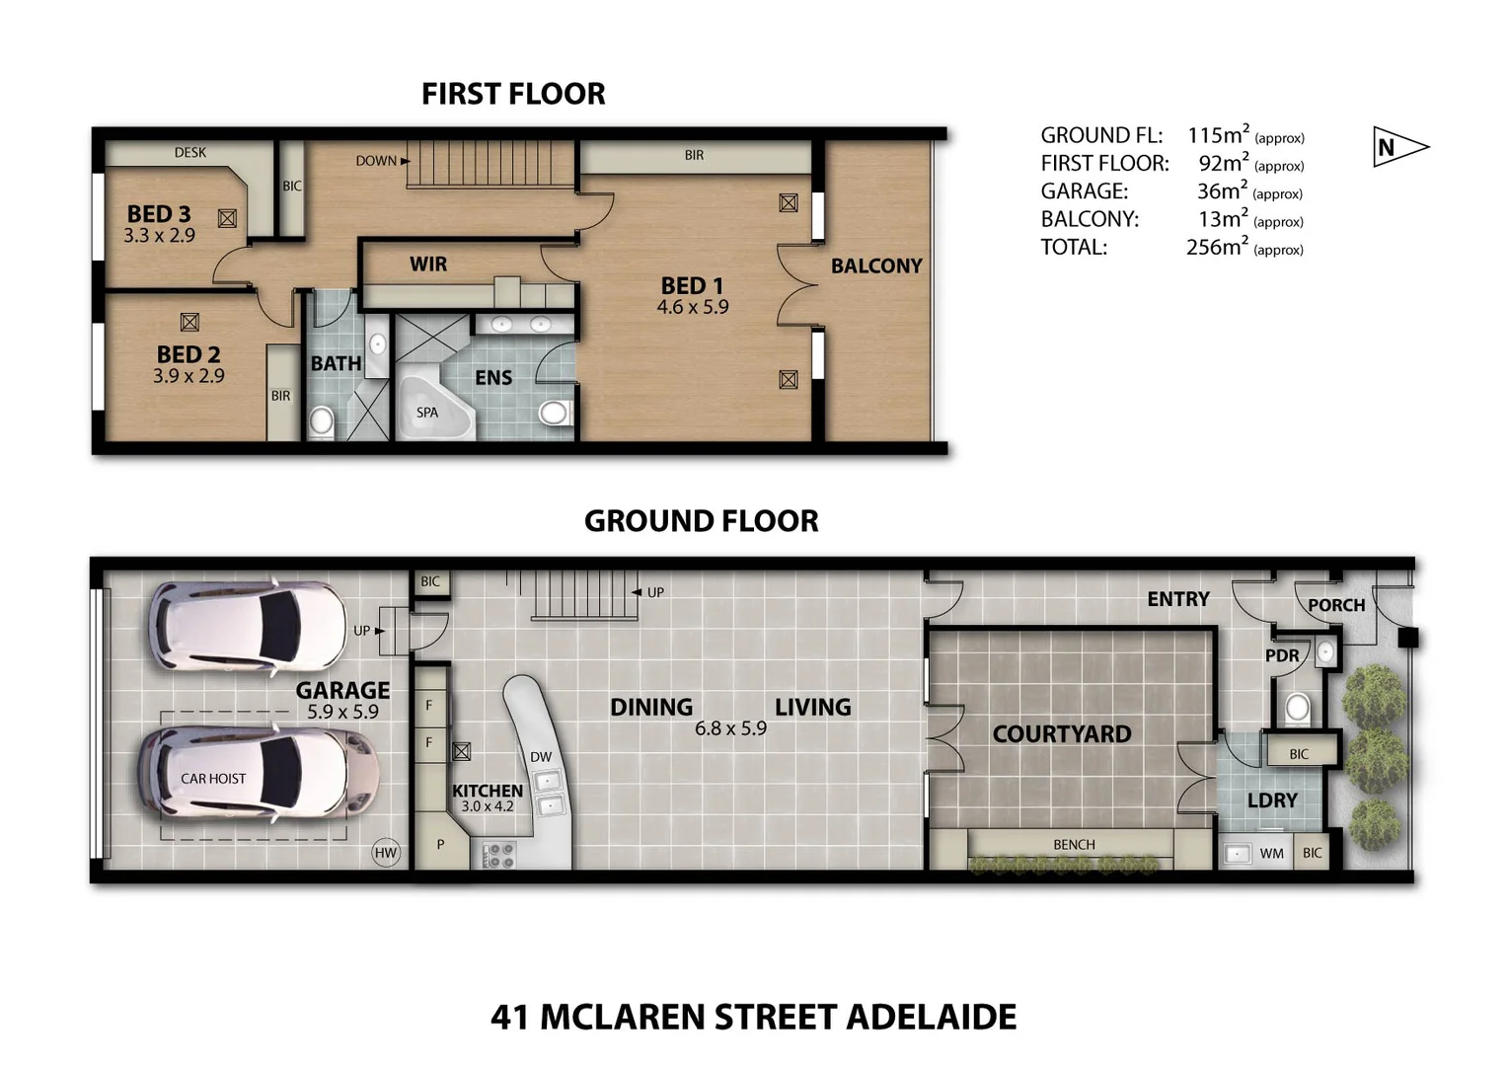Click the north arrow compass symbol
pyautogui.click(x=1397, y=147)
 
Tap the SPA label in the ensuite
pyautogui.click(x=426, y=413)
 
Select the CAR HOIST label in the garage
pyautogui.click(x=213, y=779)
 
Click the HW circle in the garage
pyautogui.click(x=386, y=853)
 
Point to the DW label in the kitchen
pyautogui.click(x=541, y=757)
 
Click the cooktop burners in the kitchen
pyautogui.click(x=498, y=854)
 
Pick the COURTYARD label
pyautogui.click(x=1061, y=733)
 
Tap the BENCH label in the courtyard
pyautogui.click(x=1074, y=845)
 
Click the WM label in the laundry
pyautogui.click(x=1271, y=853)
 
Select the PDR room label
pyautogui.click(x=1282, y=655)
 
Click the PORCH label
pyautogui.click(x=1336, y=605)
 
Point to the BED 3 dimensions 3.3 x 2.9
pyautogui.click(x=159, y=236)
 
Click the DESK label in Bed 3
pyautogui.click(x=190, y=152)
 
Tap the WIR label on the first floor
pyautogui.click(x=428, y=264)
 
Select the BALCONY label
pyautogui.click(x=876, y=266)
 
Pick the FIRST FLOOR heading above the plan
pyautogui.click(x=513, y=94)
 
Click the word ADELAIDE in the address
pyautogui.click(x=932, y=1017)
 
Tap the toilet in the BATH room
pyautogui.click(x=322, y=422)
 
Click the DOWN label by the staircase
pyautogui.click(x=376, y=160)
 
